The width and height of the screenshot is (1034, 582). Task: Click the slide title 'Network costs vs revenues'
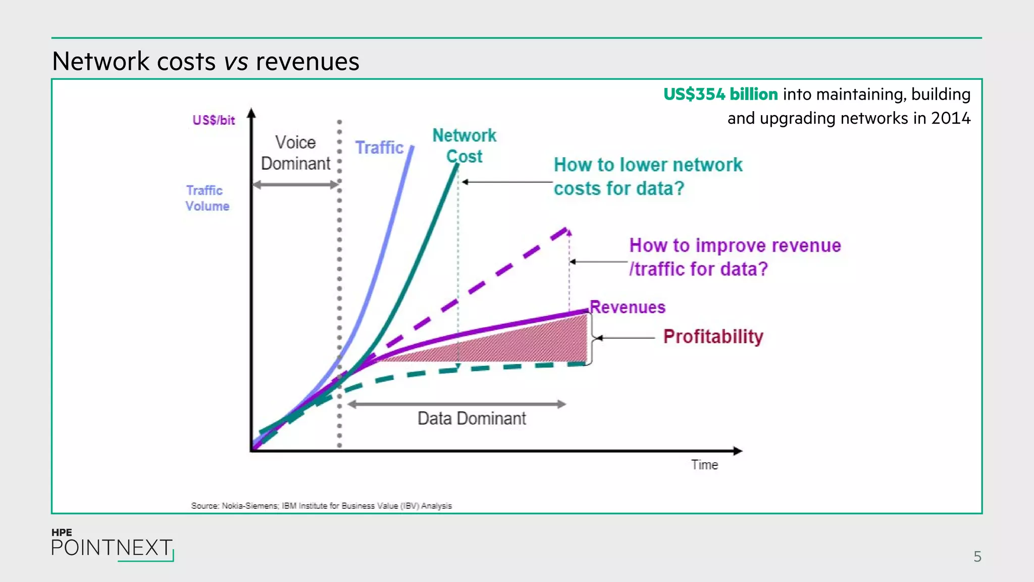(205, 62)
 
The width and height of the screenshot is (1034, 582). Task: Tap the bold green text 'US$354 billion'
(720, 94)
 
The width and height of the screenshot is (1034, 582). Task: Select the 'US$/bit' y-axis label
(214, 120)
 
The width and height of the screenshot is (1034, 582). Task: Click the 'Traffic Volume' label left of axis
(207, 198)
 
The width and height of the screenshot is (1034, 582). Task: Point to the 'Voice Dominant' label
(295, 153)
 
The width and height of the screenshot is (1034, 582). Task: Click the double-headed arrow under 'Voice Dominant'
(296, 185)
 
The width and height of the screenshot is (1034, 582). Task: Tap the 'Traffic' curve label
(379, 148)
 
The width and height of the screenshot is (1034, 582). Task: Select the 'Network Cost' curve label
(464, 145)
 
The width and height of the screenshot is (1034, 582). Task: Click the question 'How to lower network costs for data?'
(648, 176)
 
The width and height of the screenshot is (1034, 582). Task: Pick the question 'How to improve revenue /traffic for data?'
(735, 257)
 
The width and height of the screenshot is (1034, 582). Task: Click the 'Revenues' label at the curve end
(628, 307)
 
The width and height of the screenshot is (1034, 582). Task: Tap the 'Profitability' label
(713, 336)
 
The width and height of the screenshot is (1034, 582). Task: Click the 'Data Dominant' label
(472, 419)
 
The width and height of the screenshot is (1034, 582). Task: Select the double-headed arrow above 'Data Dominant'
(456, 404)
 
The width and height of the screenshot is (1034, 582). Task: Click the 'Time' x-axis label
(704, 465)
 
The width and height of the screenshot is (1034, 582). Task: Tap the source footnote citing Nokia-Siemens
(321, 506)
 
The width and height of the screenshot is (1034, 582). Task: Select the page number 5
(977, 557)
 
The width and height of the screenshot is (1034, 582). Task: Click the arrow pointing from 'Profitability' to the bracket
(626, 337)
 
